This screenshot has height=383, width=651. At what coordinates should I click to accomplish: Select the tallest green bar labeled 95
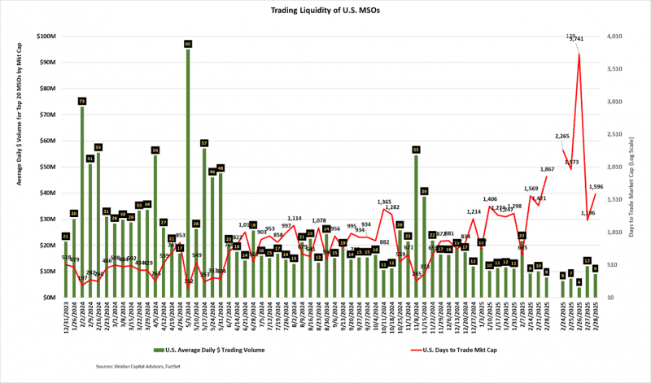pyautogui.click(x=188, y=171)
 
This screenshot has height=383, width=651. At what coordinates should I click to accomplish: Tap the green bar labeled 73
pyautogui.click(x=82, y=199)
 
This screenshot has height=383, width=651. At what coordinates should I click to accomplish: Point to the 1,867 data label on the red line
pyautogui.click(x=548, y=168)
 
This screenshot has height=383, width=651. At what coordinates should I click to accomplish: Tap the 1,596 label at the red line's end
pyautogui.click(x=596, y=186)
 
